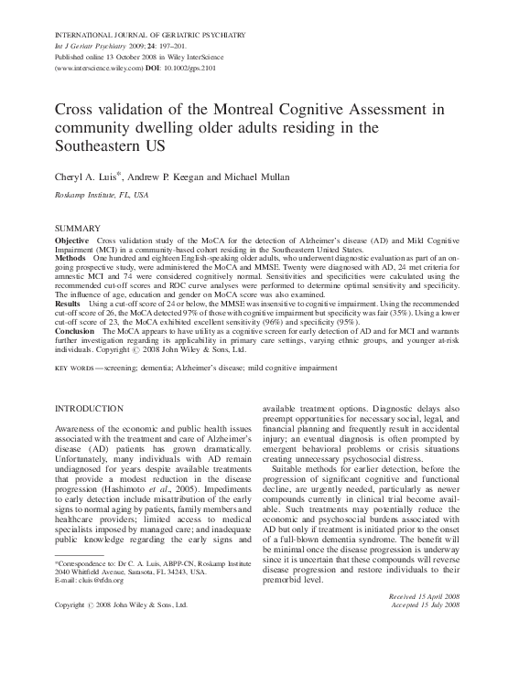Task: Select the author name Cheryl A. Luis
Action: [x=88, y=175]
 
